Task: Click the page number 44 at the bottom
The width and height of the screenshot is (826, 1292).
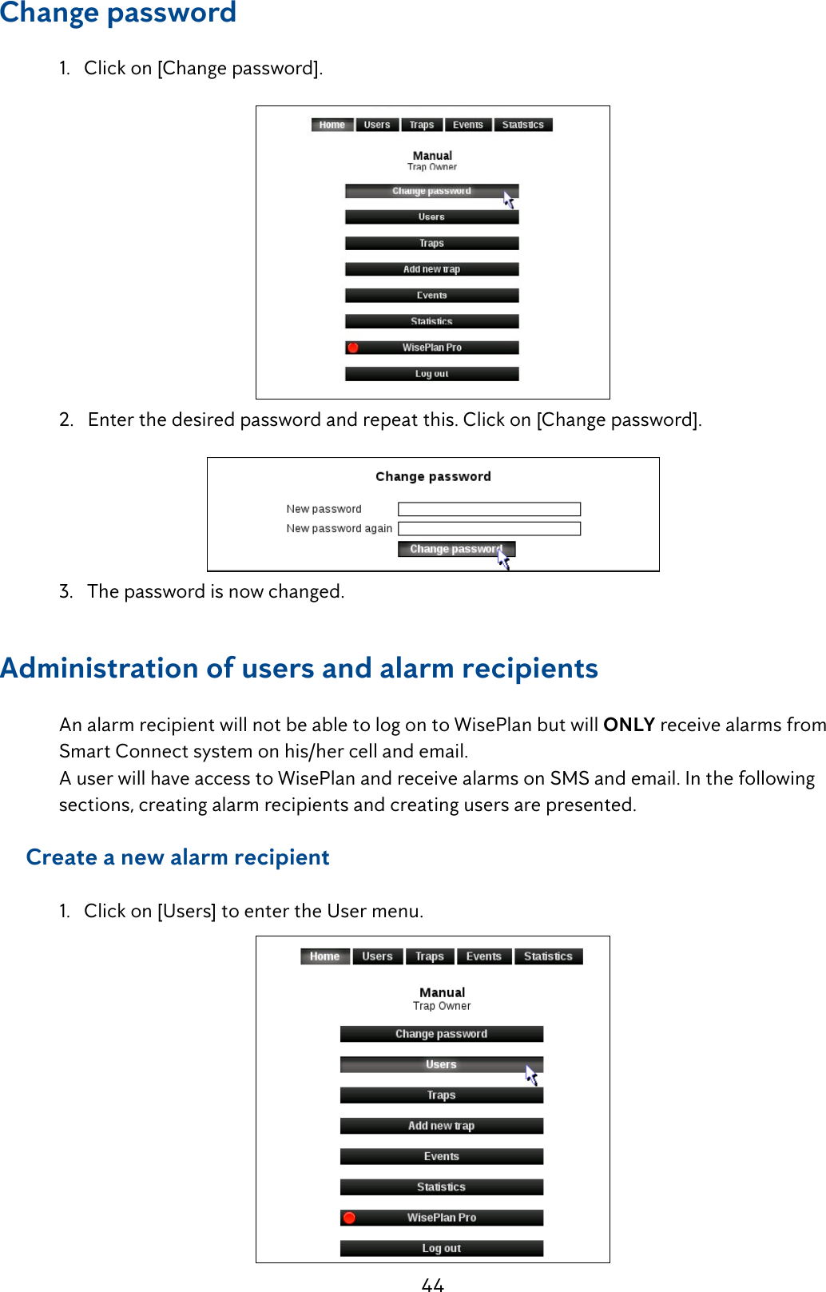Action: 432,1283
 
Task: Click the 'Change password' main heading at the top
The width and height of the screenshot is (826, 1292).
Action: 118,13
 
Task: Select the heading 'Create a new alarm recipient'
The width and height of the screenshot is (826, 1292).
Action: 177,857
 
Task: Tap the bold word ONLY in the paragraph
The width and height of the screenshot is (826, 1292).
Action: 629,725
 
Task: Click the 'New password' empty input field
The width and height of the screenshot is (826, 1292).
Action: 489,509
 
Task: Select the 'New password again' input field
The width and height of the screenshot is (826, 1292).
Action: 489,528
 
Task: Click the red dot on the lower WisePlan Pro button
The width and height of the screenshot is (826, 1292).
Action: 349,1218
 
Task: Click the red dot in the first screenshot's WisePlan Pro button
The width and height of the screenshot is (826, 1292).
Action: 353,348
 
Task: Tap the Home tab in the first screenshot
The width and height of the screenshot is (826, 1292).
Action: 332,125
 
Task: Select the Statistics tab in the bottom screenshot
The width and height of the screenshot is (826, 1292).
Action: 548,956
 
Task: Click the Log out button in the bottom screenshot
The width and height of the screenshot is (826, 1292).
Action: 441,1248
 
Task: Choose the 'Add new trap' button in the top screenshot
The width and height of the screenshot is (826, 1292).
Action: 431,269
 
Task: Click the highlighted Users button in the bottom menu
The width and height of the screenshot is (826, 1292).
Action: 441,1064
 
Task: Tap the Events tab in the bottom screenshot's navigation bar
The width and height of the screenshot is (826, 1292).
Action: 483,956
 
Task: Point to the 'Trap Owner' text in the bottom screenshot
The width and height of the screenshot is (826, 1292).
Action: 442,1006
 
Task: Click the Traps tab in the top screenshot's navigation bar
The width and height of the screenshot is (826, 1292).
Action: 421,125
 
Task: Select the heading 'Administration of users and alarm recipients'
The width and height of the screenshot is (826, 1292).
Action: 299,668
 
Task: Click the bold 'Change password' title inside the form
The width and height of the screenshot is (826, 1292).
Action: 433,476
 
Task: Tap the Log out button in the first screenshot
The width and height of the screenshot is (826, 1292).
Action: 431,374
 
